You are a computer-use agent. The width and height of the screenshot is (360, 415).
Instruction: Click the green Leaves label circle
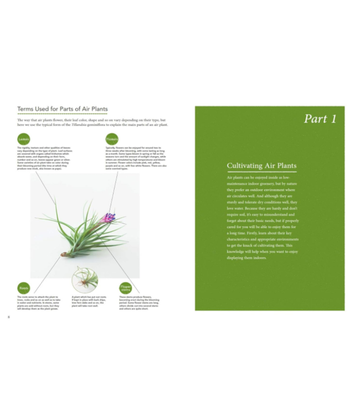24,139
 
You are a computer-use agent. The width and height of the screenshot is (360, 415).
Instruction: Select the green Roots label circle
24,288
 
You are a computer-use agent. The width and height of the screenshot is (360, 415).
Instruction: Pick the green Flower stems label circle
126,288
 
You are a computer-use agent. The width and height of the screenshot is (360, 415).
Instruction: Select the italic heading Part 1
320,119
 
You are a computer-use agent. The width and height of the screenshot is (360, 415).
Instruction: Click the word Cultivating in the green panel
244,165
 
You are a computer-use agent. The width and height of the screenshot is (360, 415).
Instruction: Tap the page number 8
9,317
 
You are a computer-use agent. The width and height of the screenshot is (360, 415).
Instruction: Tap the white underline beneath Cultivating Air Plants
261,172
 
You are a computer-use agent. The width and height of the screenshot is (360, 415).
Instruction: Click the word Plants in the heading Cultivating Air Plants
286,165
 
